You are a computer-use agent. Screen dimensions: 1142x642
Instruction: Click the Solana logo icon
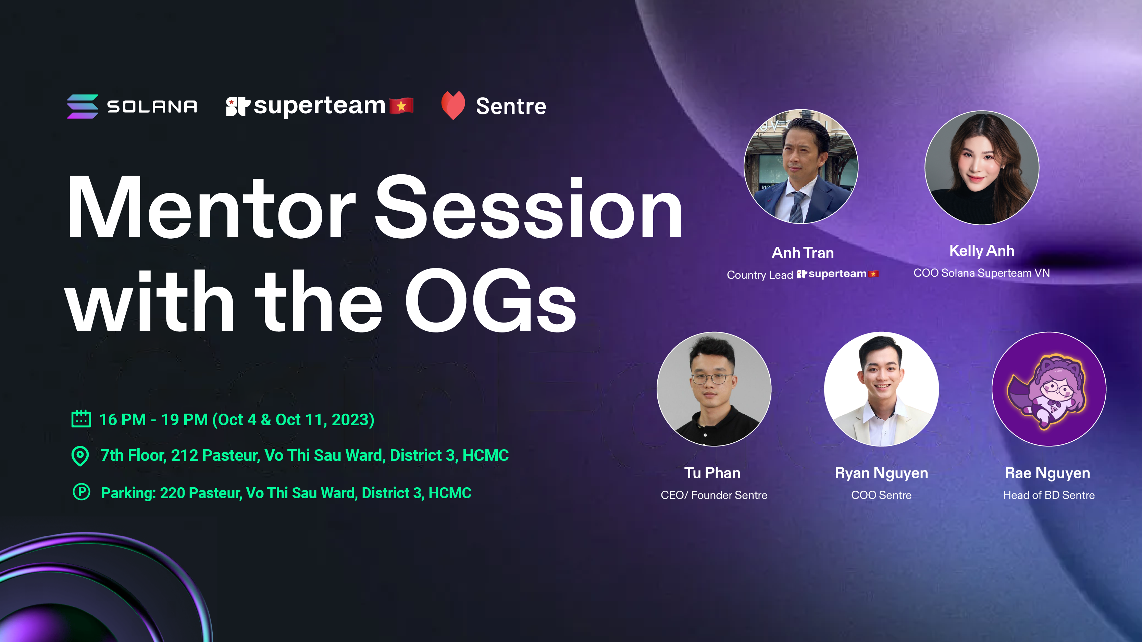[83, 106]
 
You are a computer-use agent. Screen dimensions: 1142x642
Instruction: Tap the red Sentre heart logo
[453, 105]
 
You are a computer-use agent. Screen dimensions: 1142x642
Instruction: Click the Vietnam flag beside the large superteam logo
[401, 106]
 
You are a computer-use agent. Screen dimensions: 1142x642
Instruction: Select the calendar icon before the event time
[81, 419]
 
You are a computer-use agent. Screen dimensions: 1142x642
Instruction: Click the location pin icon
[80, 456]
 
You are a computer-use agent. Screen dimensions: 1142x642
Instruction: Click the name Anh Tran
[803, 253]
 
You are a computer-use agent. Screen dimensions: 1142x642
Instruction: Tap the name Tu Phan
[712, 473]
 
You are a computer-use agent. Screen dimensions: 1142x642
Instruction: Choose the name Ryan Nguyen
[881, 474]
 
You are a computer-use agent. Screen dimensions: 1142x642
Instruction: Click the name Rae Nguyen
[1047, 474]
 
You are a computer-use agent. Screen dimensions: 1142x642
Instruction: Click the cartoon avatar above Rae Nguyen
[1049, 389]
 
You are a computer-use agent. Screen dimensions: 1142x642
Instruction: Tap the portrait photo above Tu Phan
[714, 389]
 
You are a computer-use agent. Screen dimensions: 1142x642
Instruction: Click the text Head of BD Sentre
[1049, 495]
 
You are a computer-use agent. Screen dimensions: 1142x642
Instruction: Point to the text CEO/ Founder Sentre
[714, 495]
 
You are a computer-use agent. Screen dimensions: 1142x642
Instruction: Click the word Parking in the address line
[128, 493]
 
